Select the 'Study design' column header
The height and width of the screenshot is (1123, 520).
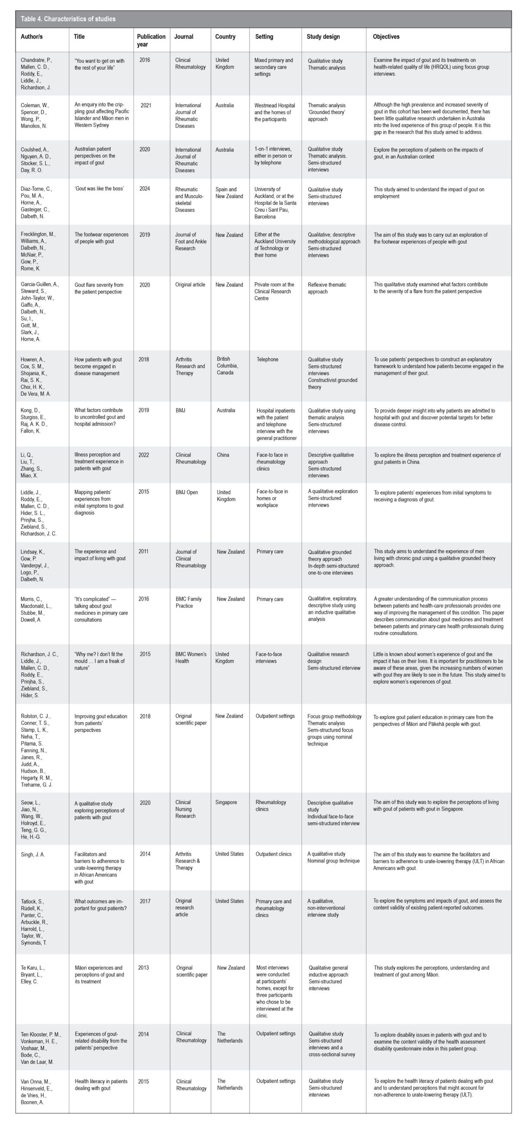point(323,37)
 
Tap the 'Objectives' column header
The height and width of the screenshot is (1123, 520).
point(386,37)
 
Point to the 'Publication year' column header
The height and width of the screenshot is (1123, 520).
point(151,40)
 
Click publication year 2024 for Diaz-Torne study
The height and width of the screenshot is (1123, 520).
point(145,189)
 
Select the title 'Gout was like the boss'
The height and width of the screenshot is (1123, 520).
point(99,189)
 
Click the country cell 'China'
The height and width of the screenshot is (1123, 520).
point(223,454)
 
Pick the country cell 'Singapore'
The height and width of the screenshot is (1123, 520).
point(226,802)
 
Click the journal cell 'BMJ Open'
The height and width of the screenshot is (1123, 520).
point(187,492)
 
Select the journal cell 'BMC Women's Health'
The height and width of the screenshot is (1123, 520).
point(191,657)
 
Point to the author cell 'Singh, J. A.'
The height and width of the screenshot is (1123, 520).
point(33,854)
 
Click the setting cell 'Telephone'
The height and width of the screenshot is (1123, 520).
point(267,359)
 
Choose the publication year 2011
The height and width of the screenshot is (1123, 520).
point(143,551)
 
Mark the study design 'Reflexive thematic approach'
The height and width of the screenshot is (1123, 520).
point(327,288)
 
